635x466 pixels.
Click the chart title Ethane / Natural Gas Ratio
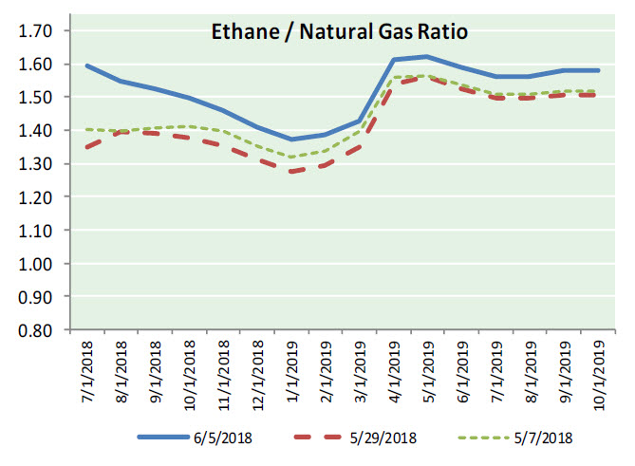point(339,32)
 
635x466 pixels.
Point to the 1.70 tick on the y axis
point(36,30)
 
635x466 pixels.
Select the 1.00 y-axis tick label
point(36,264)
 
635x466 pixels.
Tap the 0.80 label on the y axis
point(36,330)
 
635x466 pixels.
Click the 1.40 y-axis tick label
point(36,131)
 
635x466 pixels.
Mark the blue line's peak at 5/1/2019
point(427,57)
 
